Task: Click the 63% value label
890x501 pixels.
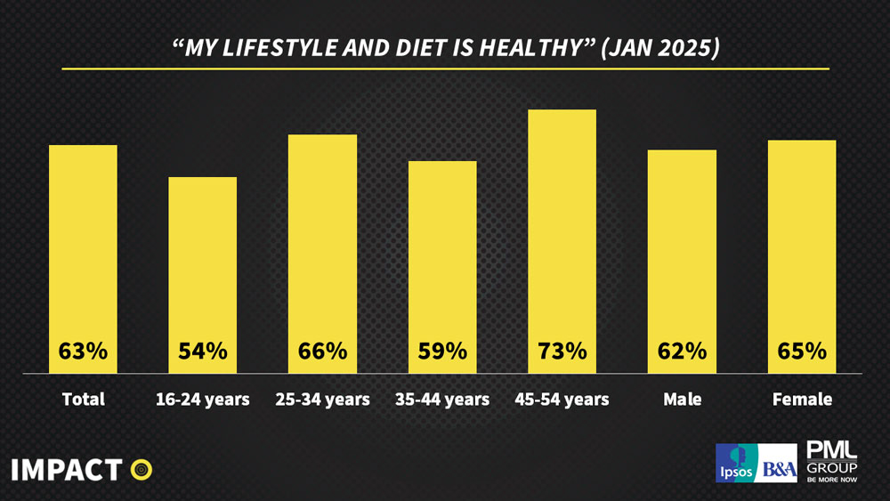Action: click(83, 351)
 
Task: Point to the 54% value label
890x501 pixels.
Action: click(203, 351)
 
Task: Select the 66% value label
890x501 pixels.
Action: click(322, 351)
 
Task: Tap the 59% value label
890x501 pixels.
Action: click(442, 351)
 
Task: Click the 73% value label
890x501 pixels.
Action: click(562, 351)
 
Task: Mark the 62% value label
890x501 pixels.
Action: click(682, 351)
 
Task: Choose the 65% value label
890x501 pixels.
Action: click(802, 351)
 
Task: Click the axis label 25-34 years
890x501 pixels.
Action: click(322, 400)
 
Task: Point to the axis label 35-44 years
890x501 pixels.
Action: click(442, 400)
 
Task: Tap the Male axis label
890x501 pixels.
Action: click(682, 400)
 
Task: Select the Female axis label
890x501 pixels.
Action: click(802, 400)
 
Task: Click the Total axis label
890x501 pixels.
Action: click(83, 400)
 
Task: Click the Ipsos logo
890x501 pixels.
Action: click(734, 463)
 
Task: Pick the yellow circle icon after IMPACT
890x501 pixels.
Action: click(141, 469)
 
